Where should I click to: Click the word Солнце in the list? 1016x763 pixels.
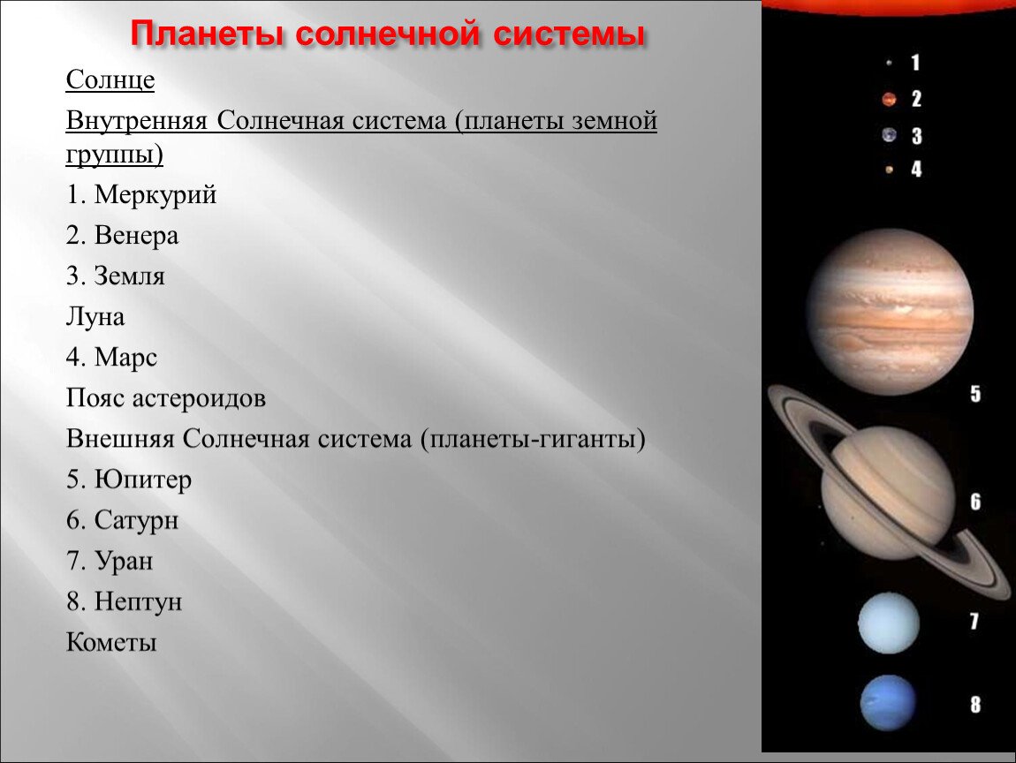[110, 80]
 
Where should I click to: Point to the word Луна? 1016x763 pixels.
[95, 317]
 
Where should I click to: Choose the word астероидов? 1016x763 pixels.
[199, 398]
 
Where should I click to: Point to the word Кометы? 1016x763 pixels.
[111, 643]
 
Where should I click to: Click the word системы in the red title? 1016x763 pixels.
[569, 34]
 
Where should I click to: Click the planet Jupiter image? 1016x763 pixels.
[889, 312]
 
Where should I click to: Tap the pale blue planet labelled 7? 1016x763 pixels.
[889, 623]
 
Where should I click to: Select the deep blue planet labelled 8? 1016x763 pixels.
[889, 704]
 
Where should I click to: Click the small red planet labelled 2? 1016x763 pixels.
[889, 99]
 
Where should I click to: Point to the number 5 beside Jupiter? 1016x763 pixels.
[975, 394]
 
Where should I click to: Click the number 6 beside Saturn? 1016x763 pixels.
[975, 502]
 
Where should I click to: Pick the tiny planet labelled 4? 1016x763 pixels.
[889, 170]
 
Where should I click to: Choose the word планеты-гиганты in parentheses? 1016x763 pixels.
[533, 439]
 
